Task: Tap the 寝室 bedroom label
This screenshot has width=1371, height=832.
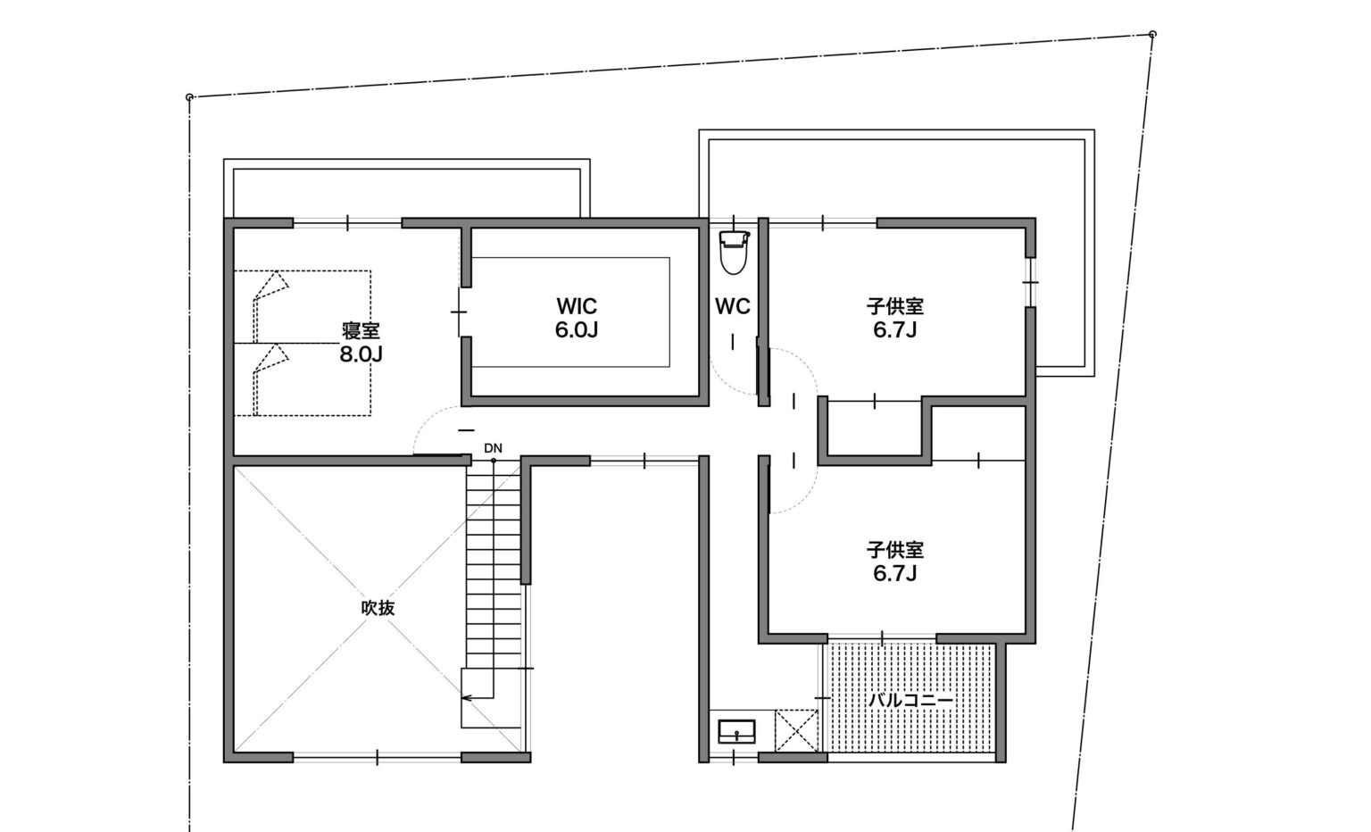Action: coord(361,330)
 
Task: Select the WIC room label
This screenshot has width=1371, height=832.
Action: coord(577,306)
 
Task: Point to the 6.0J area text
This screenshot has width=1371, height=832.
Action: coord(577,330)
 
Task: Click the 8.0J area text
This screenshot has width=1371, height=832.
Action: coord(361,354)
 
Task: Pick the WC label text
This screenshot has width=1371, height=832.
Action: coord(733,306)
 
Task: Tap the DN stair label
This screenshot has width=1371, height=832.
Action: coord(493,448)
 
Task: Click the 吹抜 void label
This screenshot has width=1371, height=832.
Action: coord(378,608)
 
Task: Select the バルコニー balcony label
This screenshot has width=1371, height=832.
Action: coord(910,700)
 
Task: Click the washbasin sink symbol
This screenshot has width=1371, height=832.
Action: coord(736,731)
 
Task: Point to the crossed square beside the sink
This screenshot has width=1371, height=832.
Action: coord(796,729)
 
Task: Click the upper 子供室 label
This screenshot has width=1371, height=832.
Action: coord(895,306)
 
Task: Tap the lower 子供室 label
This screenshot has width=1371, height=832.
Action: coord(895,550)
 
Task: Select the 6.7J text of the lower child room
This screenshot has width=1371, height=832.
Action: coord(895,574)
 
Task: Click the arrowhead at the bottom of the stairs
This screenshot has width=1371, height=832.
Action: coord(465,697)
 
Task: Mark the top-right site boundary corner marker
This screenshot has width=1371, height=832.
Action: coord(1152,34)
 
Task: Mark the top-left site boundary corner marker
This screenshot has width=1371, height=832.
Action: coord(190,96)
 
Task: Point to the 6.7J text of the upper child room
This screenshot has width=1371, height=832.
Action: coord(895,330)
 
